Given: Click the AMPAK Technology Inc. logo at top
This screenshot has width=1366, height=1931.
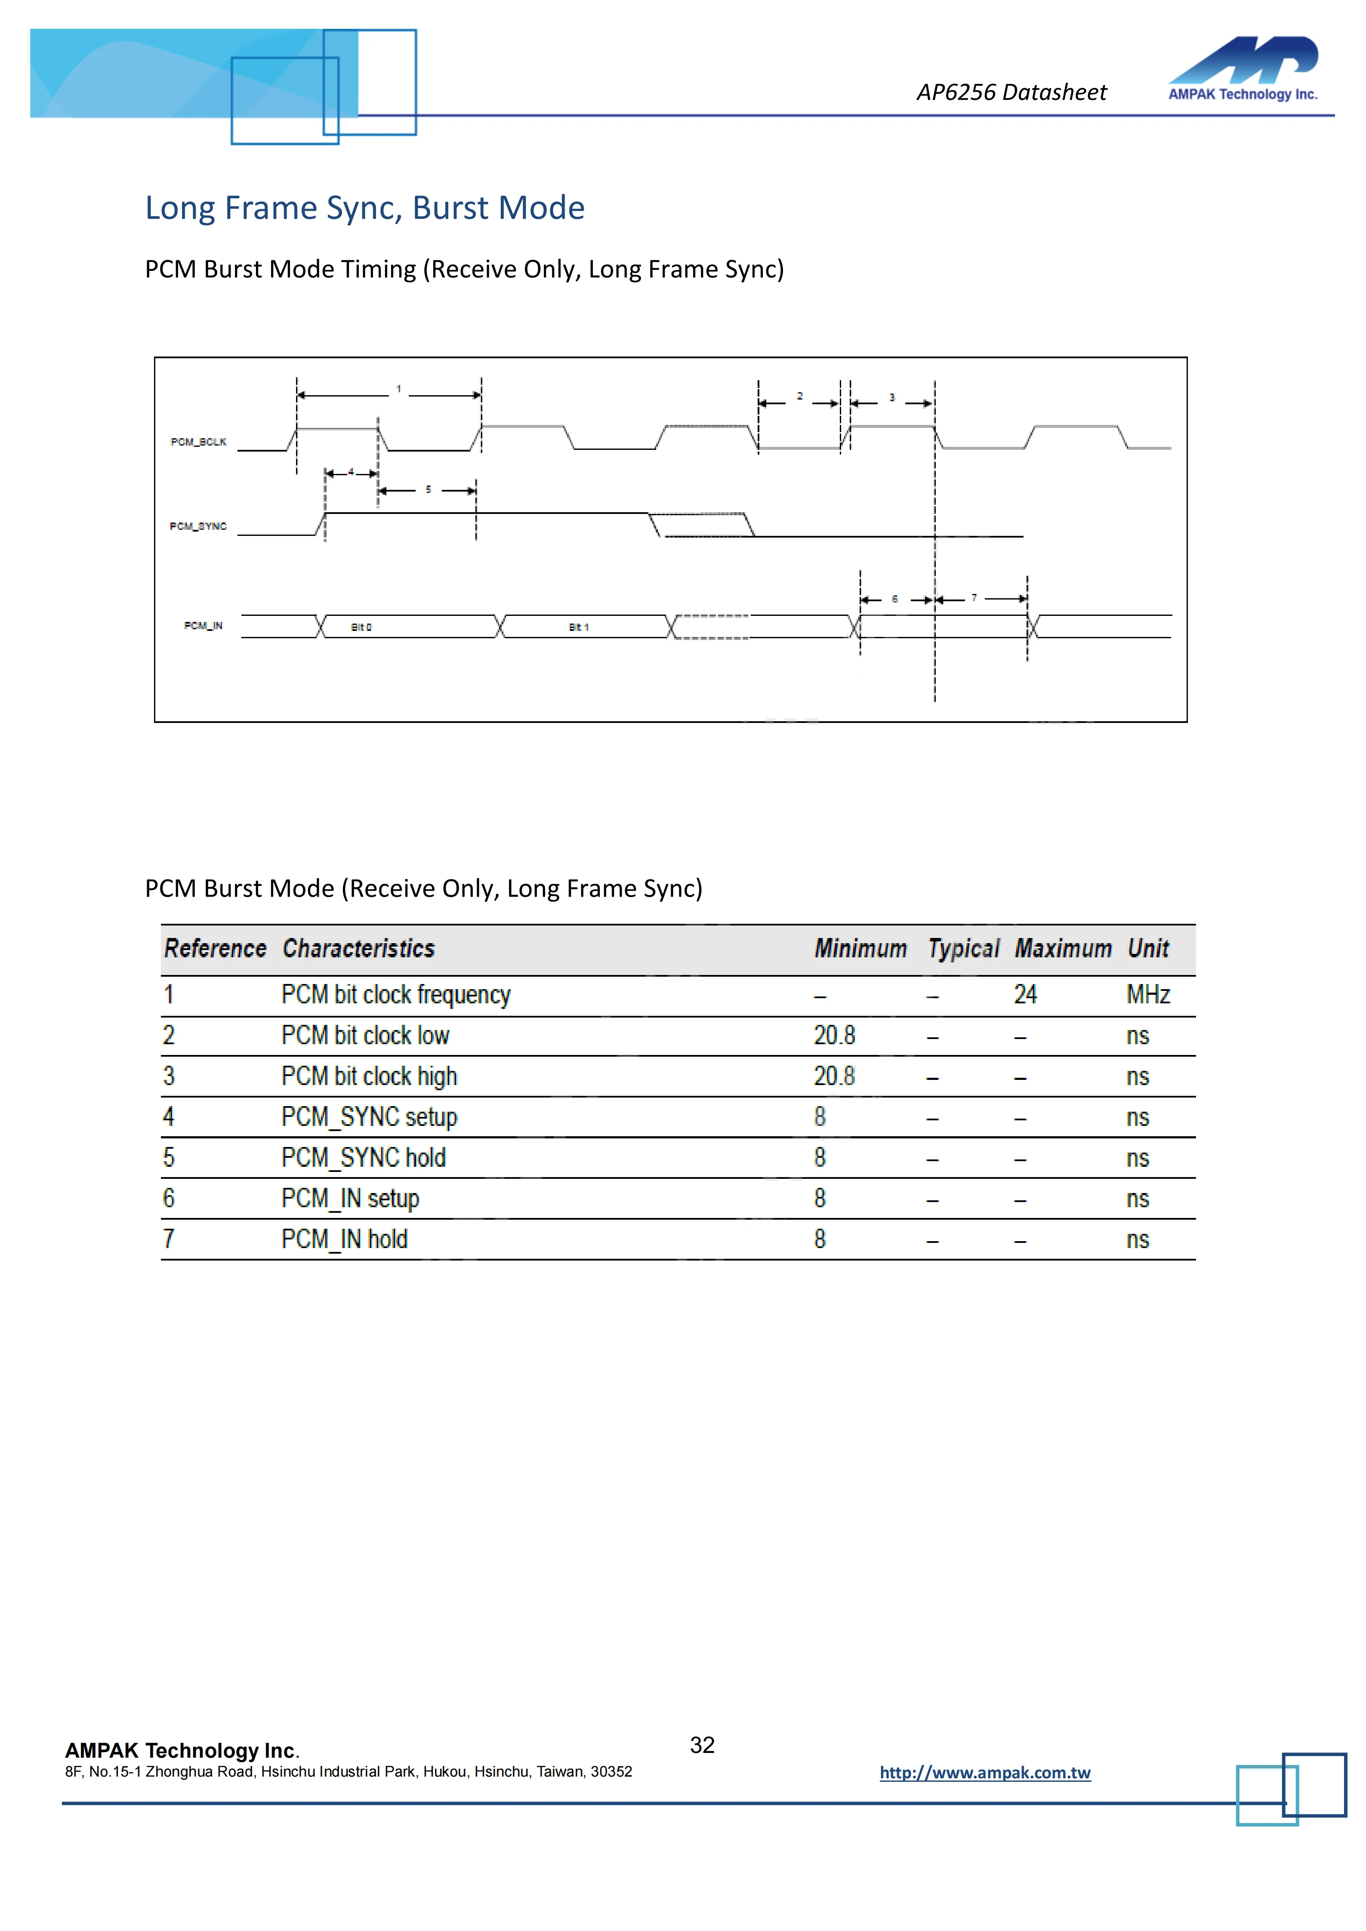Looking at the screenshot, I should [1243, 69].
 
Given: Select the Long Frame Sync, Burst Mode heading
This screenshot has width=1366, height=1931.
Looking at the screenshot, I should [364, 208].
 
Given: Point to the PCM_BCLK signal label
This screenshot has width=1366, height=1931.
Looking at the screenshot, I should [198, 442].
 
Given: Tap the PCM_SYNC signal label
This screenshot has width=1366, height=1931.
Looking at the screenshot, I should [198, 526].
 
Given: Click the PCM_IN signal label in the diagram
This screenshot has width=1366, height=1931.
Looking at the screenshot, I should [204, 626].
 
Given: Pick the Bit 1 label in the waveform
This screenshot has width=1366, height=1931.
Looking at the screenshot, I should [579, 627].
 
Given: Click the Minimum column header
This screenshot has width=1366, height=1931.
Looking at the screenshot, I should [860, 949].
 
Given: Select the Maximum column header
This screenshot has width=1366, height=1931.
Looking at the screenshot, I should [1063, 949].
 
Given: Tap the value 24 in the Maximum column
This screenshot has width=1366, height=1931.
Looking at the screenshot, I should [1025, 995].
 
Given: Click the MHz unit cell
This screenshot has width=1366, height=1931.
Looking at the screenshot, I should [1148, 995].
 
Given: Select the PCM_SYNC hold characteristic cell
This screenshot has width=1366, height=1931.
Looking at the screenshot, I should [364, 1158].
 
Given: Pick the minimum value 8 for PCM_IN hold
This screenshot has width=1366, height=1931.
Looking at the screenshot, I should [820, 1240].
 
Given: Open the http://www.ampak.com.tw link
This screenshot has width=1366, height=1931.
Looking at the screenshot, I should [985, 1773].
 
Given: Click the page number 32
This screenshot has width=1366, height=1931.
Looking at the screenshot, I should [702, 1745].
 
